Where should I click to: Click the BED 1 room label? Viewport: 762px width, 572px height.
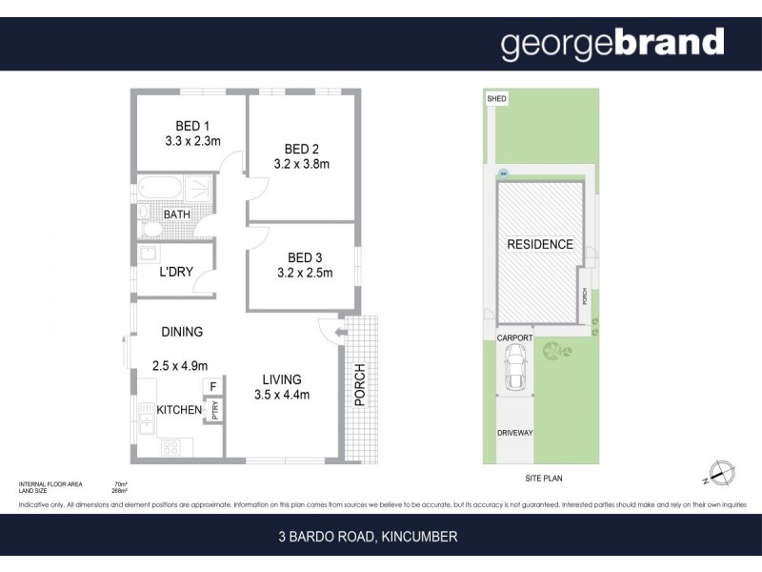coord(192,126)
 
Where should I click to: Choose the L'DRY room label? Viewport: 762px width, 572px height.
coord(176,272)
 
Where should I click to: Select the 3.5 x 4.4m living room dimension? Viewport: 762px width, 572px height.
coord(282,394)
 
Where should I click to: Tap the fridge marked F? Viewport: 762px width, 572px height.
coord(212,386)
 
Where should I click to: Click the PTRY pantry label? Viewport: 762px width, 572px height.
coord(216,410)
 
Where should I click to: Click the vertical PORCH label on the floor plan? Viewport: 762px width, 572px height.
coord(359,385)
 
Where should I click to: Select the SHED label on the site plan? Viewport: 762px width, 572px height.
coord(496,98)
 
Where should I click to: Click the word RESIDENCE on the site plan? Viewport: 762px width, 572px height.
coord(539,244)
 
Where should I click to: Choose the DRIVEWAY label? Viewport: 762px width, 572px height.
coord(515,433)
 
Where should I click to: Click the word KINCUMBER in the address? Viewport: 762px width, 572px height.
coord(420,537)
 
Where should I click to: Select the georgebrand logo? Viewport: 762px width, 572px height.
coord(612,43)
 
